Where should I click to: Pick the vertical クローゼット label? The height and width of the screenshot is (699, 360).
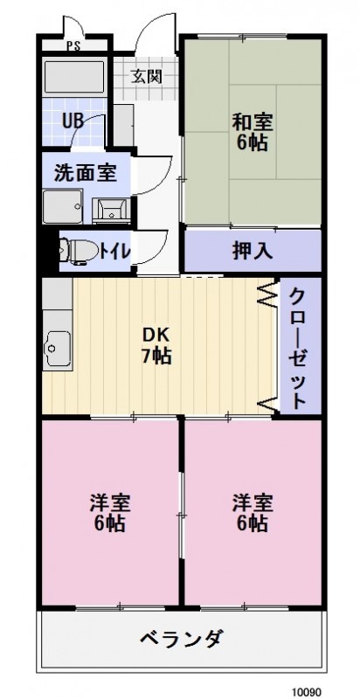click(x=298, y=346)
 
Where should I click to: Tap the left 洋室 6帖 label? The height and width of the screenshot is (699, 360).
click(x=109, y=513)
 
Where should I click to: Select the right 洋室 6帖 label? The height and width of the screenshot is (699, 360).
click(x=252, y=513)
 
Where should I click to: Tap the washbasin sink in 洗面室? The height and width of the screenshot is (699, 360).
click(x=112, y=208)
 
